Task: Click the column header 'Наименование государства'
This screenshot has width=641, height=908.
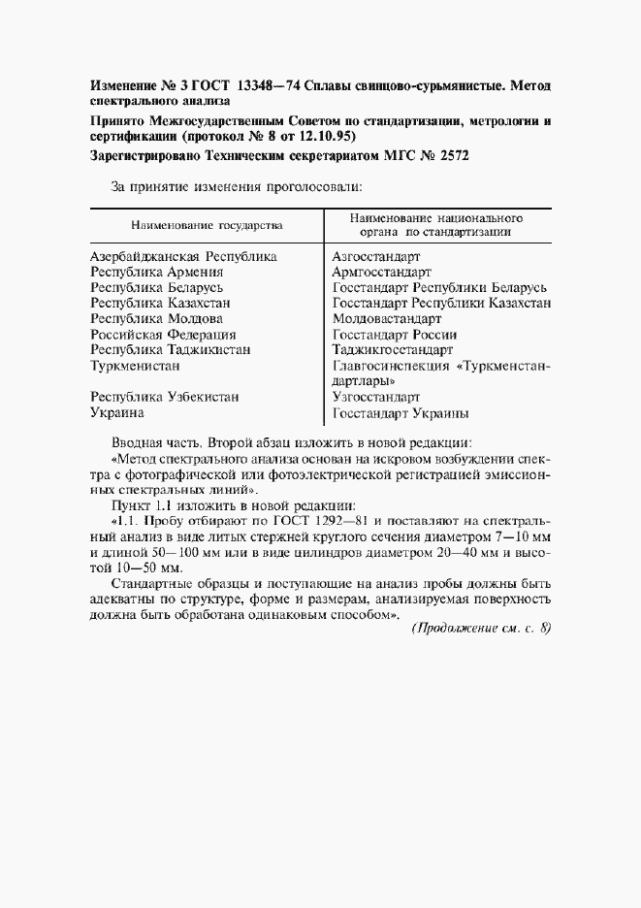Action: (x=208, y=225)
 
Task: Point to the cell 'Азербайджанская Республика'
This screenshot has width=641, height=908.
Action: (x=183, y=257)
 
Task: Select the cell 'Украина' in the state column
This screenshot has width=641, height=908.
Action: (x=117, y=412)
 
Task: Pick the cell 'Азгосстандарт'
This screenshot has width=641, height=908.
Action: (x=375, y=257)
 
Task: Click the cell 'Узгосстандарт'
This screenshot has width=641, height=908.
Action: (x=375, y=397)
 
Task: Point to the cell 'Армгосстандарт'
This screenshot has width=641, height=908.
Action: (x=381, y=273)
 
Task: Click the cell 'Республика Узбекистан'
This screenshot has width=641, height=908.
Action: (x=164, y=397)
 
